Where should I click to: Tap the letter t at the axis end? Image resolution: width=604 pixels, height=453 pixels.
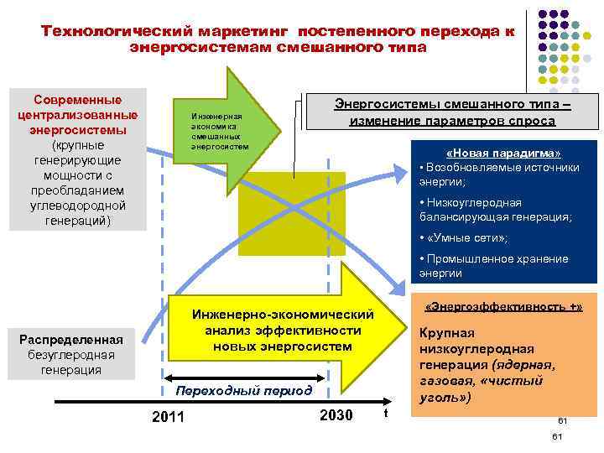[384, 414]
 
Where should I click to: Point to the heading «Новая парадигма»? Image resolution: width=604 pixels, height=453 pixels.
[504, 154]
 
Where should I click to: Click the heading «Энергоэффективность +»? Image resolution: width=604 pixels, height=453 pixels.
[503, 307]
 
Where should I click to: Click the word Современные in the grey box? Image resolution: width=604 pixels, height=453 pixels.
[77, 101]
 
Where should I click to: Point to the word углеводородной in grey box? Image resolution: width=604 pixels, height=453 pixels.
[77, 206]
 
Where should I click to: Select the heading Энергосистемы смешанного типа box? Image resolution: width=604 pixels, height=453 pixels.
[452, 112]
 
